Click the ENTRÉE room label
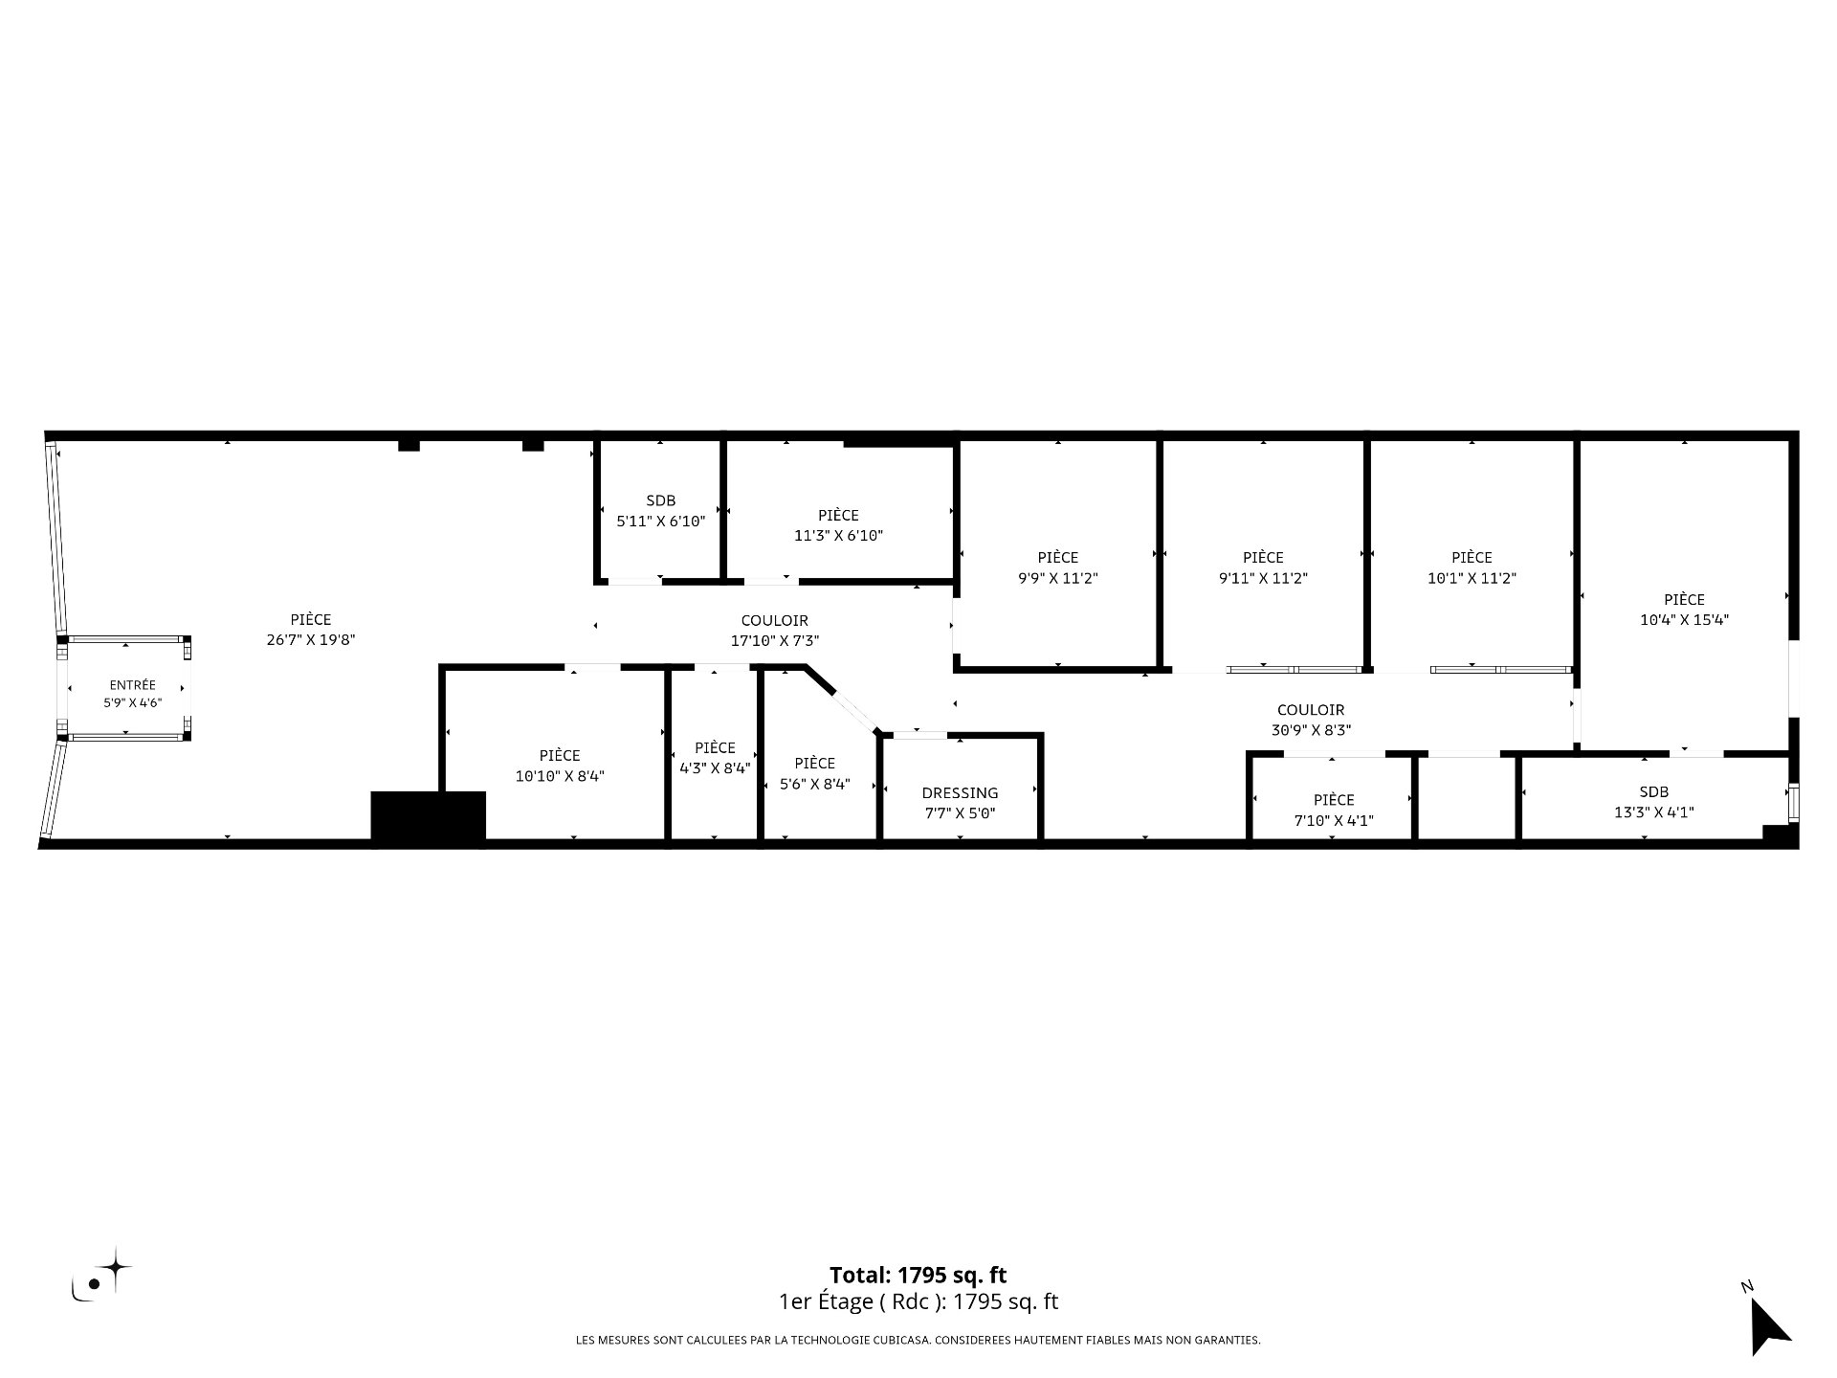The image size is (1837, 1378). click(132, 685)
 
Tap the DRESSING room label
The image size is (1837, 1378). click(960, 793)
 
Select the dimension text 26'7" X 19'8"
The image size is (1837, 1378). click(311, 641)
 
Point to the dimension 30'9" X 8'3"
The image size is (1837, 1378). click(1310, 731)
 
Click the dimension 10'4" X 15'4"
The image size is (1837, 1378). click(1684, 620)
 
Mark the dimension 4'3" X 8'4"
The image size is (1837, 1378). click(715, 768)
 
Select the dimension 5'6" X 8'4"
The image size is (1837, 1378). click(814, 784)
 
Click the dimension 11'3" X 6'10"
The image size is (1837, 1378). click(838, 536)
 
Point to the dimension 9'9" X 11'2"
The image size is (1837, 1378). click(1057, 578)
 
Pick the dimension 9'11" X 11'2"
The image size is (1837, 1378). click(1263, 578)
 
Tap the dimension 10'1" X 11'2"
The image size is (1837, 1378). click(1472, 578)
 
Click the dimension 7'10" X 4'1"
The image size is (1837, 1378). click(1334, 820)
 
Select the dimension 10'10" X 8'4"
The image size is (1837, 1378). click(560, 776)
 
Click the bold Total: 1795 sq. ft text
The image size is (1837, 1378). click(918, 1276)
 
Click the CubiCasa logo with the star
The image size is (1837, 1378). click(101, 1275)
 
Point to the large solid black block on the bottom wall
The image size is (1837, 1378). click(428, 818)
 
